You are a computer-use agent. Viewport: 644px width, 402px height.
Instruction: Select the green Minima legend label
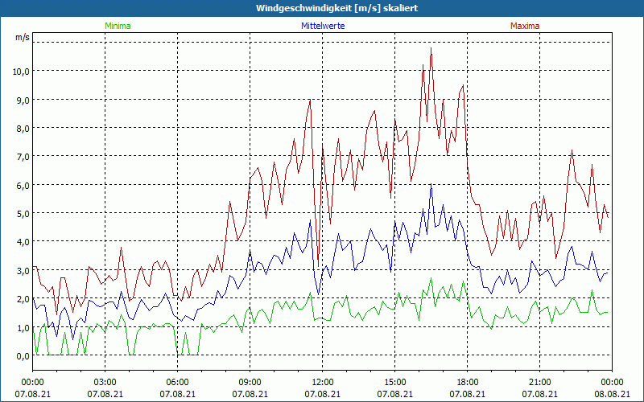point(117,26)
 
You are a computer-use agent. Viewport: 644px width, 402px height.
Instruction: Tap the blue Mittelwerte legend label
point(322,26)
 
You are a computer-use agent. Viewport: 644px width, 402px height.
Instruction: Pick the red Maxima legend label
point(525,26)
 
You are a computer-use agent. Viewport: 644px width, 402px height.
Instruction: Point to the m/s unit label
point(23,37)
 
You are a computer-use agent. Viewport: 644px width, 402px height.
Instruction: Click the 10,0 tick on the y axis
point(21,71)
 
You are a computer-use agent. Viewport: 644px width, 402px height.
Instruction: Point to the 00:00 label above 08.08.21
point(612,382)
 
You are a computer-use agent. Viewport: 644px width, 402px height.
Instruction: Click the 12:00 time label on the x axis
point(322,382)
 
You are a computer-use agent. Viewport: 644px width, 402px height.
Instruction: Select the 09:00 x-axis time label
point(250,382)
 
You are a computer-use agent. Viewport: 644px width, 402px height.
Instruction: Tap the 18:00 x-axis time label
point(467,382)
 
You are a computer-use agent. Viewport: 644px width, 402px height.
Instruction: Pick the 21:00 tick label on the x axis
point(539,382)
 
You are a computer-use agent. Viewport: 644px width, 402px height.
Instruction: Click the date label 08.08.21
point(612,393)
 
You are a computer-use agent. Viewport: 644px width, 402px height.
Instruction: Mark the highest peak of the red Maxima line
point(431,48)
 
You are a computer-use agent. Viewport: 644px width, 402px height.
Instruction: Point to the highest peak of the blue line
point(431,186)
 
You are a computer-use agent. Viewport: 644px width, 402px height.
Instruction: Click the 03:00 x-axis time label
point(105,382)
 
